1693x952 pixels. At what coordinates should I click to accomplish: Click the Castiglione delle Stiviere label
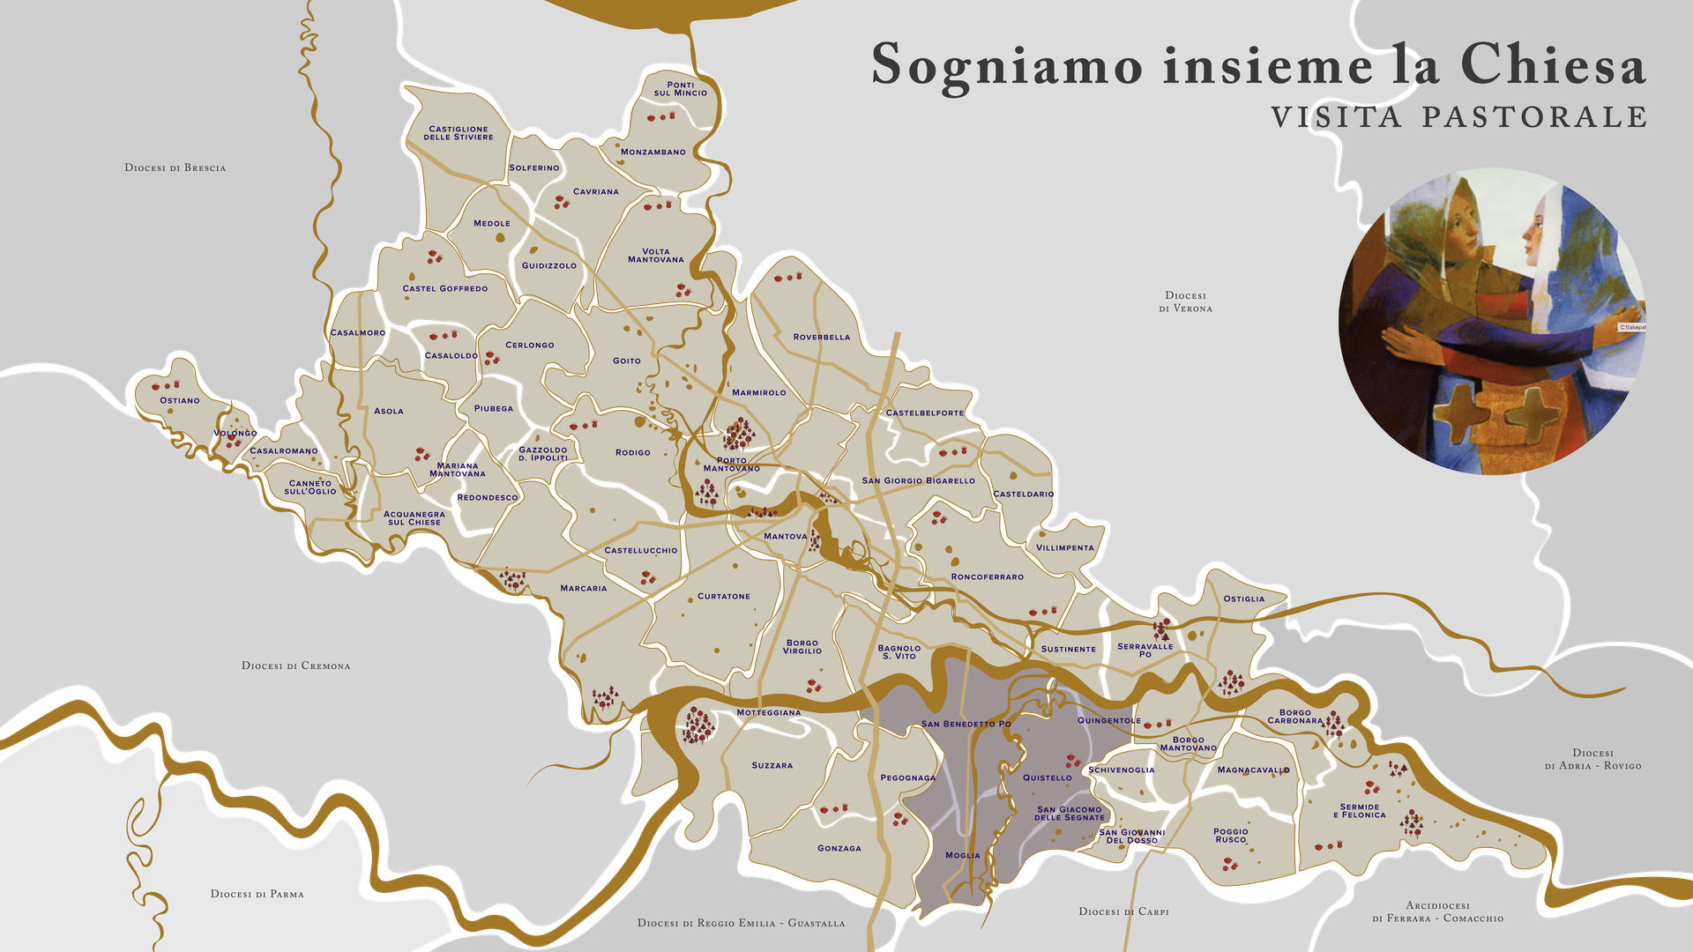[459, 133]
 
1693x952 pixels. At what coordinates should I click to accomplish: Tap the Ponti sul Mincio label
[681, 89]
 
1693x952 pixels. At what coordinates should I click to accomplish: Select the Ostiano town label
[180, 400]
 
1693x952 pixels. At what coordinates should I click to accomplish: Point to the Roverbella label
[822, 337]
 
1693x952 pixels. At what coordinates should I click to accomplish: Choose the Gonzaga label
[839, 848]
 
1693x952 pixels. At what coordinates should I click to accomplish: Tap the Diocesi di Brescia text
[175, 167]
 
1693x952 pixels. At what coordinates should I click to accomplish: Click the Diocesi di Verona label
[1186, 302]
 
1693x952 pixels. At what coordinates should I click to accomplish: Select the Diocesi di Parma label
[257, 894]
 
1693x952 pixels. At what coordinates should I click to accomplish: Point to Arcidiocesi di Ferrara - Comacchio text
[1438, 911]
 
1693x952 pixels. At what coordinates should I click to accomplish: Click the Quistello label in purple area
[1048, 777]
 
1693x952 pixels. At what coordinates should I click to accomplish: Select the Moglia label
[963, 855]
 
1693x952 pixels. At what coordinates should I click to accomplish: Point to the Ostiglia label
[1244, 599]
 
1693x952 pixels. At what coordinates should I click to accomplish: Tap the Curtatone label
[724, 596]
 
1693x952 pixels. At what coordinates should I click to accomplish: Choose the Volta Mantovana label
[656, 256]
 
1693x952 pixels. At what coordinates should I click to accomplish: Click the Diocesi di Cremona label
[296, 666]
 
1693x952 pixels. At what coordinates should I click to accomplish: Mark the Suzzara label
[772, 765]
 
